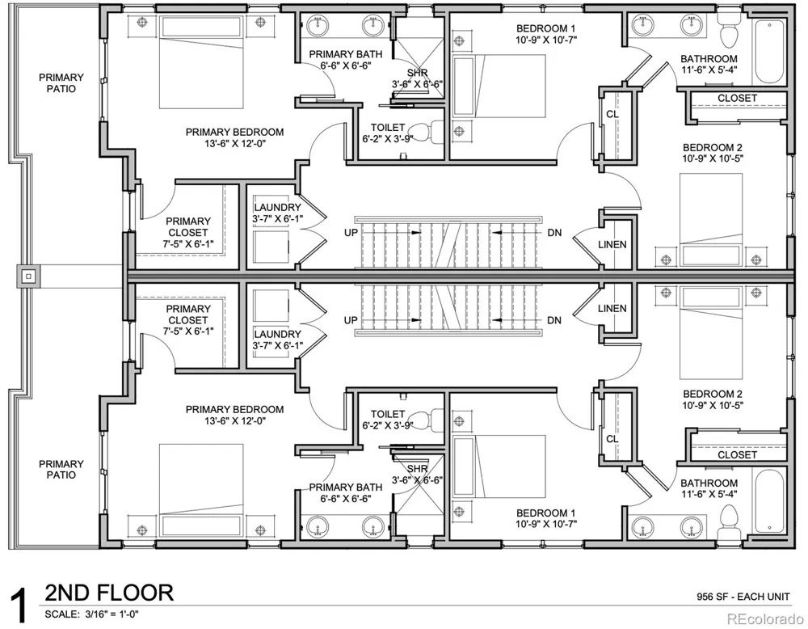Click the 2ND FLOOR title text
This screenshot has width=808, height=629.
click(109, 593)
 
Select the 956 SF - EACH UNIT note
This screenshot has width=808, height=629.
click(743, 597)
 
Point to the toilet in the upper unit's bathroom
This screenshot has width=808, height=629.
click(729, 30)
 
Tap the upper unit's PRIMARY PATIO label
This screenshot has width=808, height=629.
click(61, 83)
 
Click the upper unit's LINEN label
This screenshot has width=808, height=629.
click(612, 244)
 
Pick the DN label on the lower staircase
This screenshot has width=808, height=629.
click(554, 320)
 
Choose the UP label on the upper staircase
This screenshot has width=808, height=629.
click(351, 233)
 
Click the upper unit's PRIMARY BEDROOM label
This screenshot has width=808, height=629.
click(234, 132)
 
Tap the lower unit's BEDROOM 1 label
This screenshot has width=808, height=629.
click(545, 513)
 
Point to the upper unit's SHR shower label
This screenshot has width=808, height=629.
click(418, 74)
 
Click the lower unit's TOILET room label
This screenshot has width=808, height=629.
click(388, 414)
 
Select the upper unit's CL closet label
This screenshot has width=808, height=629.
click(612, 114)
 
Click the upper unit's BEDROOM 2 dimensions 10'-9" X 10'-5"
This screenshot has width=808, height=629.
click(713, 158)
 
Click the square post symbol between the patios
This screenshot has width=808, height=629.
click(29, 277)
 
